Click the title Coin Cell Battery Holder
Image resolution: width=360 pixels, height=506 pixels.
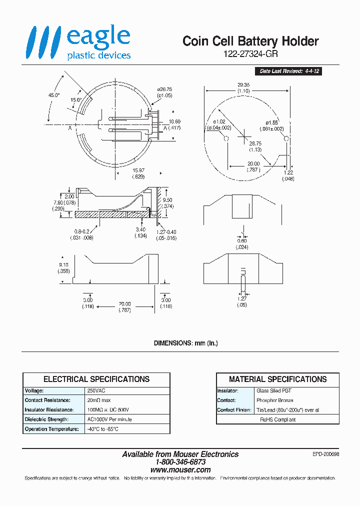click(250, 41)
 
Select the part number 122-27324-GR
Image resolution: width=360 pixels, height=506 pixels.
click(250, 54)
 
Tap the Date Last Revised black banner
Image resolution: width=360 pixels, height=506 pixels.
click(289, 71)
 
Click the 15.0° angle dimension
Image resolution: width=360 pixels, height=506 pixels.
click(76, 100)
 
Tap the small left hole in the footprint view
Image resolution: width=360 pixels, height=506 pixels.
click(225, 138)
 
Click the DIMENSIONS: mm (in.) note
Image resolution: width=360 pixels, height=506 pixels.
click(185, 343)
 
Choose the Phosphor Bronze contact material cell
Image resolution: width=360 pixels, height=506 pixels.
click(274, 400)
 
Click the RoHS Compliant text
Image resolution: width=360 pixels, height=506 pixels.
click(277, 419)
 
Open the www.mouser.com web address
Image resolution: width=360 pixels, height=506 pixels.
click(180, 470)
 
